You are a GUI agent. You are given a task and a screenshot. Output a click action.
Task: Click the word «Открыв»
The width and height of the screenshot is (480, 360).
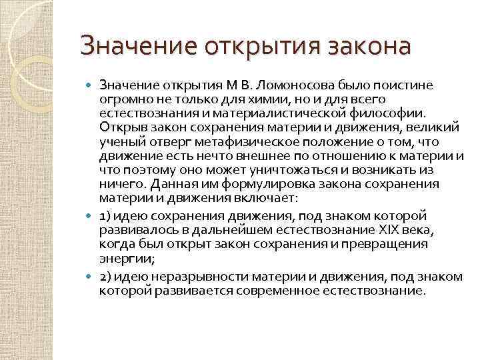pyautogui.click(x=119, y=127)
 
